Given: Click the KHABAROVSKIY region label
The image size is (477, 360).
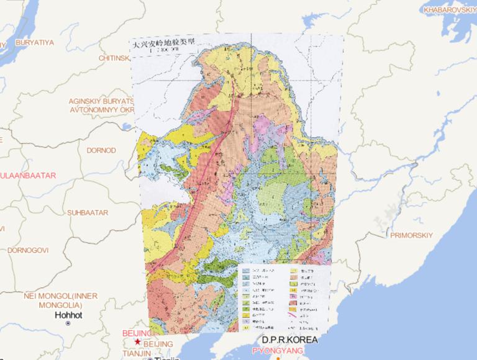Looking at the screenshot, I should (448, 10).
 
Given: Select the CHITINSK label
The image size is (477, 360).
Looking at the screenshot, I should (116, 58).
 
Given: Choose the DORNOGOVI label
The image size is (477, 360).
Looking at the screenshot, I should (29, 250).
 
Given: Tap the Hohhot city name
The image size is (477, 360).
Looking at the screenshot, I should (69, 314).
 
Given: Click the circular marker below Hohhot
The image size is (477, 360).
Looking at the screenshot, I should (69, 323).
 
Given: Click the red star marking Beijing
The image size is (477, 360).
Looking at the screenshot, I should (137, 341).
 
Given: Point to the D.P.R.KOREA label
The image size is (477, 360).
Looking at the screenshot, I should (289, 340).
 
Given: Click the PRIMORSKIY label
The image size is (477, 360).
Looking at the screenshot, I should (411, 235).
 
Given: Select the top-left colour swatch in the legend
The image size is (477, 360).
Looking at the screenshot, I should (247, 271).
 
